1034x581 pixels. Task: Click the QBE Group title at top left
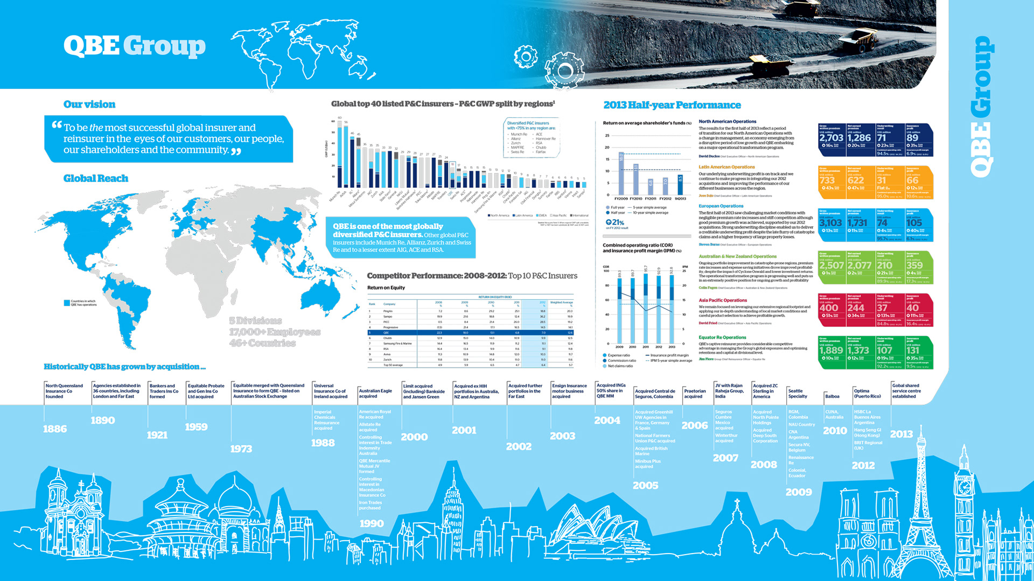134,46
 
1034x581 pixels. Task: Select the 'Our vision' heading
89,104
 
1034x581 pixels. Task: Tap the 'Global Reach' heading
96,178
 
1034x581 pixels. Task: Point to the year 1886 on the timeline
55,429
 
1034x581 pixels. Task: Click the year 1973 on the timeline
241,449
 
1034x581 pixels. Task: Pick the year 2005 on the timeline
645,485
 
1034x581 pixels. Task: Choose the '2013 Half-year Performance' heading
672,105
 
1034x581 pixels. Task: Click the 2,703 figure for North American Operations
831,138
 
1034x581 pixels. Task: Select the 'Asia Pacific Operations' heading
723,300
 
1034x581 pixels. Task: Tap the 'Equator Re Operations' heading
722,338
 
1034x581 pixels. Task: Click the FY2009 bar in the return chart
621,173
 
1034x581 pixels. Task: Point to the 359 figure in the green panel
914,265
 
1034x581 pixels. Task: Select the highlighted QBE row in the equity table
470,333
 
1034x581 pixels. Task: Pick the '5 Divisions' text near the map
255,321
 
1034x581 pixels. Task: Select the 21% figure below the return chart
615,222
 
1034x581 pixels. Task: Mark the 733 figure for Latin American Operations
827,180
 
